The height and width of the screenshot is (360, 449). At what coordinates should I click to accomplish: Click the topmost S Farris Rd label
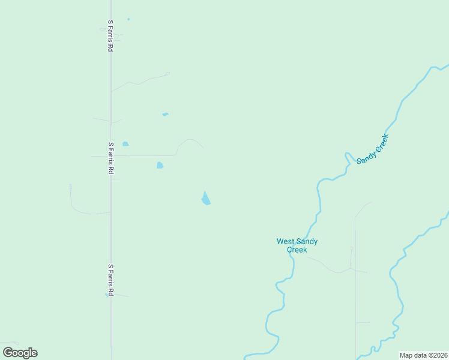(x=110, y=35)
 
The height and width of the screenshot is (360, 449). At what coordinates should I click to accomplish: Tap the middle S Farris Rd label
(x=110, y=158)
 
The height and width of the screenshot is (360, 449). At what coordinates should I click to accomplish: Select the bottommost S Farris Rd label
(x=110, y=280)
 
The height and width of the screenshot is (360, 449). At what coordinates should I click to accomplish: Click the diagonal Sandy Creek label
(x=373, y=149)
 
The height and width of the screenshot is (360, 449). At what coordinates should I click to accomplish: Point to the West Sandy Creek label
(x=297, y=245)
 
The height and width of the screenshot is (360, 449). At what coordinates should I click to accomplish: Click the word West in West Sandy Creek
(x=285, y=241)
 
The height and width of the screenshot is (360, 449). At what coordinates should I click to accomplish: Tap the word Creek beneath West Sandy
(x=297, y=250)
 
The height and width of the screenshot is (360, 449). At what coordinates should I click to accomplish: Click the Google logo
(x=20, y=353)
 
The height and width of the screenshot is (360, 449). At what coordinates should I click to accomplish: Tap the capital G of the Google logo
(x=8, y=352)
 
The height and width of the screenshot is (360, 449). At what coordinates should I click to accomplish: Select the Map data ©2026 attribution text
(x=423, y=355)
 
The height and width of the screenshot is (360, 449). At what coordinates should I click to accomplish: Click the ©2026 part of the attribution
(x=436, y=355)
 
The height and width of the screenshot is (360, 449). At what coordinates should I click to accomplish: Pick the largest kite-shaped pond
(x=206, y=199)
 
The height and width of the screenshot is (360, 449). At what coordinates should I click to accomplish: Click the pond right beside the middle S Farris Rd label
(x=125, y=144)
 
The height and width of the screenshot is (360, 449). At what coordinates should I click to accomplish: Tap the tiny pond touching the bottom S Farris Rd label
(x=106, y=294)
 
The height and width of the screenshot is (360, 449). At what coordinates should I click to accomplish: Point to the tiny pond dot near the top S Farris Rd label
(x=128, y=19)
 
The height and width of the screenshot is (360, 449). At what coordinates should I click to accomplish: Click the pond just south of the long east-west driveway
(x=160, y=165)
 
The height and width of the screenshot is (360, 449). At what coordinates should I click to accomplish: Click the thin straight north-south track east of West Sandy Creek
(x=355, y=288)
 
